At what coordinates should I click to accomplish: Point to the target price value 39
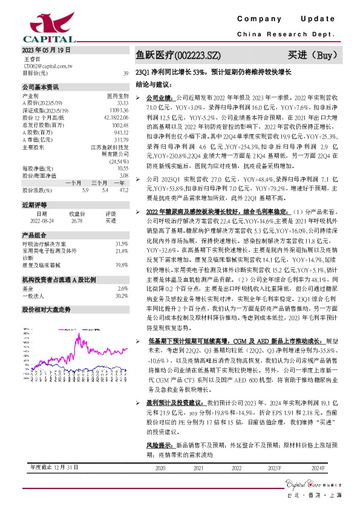click(x=125, y=73)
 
